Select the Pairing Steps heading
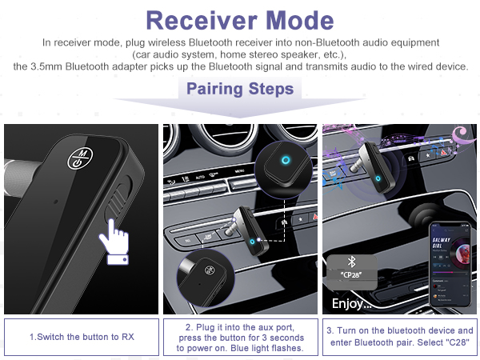239,88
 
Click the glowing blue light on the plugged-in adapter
254,241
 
